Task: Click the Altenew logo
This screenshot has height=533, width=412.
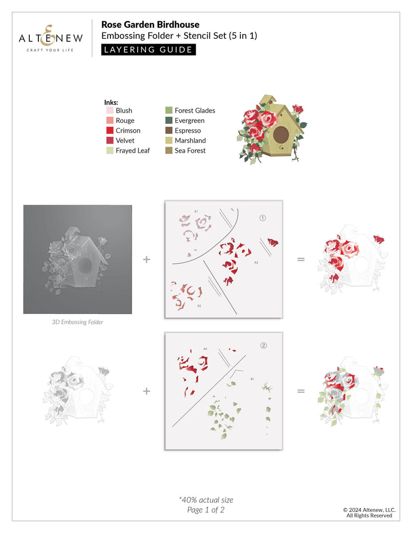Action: pos(51,38)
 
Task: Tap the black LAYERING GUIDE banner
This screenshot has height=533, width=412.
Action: pos(149,49)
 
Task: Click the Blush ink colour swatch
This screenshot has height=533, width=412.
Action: pos(110,110)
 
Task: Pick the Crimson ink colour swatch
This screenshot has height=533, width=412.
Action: pos(110,130)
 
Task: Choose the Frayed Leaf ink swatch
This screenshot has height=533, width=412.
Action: pos(110,150)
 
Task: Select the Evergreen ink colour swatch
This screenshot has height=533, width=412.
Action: pos(169,121)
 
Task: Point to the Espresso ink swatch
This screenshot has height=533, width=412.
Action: pos(169,130)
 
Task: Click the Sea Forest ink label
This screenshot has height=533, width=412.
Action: pos(190,150)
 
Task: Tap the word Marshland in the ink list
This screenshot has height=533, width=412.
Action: pos(190,141)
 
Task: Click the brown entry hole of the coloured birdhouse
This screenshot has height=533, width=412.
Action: pos(281,136)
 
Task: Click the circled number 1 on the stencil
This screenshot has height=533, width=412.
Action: pos(263,218)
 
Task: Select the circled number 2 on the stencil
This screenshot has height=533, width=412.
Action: pos(263,345)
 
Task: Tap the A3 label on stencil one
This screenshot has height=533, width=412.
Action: pos(256,262)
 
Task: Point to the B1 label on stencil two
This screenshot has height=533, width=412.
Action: pos(252,379)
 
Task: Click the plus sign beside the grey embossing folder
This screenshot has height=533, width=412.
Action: pos(147,259)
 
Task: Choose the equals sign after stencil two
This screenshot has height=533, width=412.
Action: pos(301,391)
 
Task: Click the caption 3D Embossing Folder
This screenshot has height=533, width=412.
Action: pos(77,322)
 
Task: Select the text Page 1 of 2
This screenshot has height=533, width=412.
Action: pos(206,510)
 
